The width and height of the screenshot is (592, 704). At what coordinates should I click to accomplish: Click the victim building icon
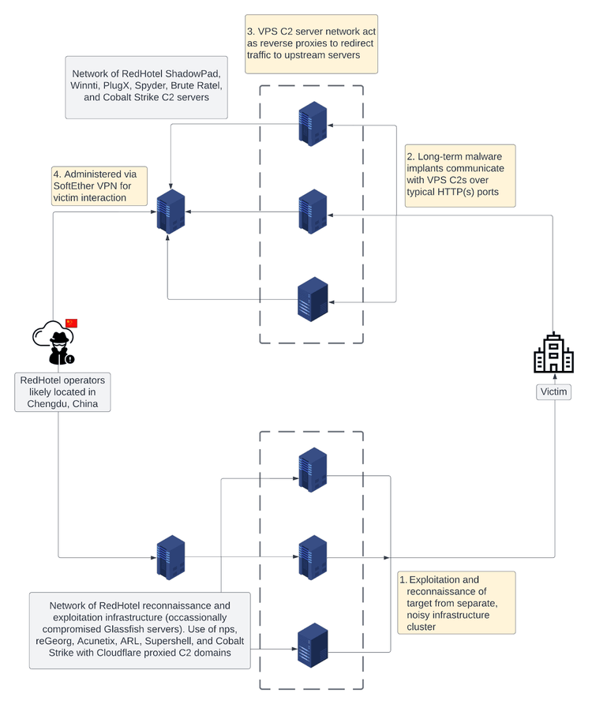[x=554, y=353]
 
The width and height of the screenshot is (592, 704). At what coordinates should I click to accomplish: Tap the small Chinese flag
[x=72, y=323]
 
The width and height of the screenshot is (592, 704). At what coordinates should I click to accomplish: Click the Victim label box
[x=553, y=391]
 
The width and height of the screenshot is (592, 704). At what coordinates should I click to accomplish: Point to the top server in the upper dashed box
[x=313, y=123]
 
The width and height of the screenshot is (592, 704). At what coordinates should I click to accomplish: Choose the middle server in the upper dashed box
[x=313, y=212]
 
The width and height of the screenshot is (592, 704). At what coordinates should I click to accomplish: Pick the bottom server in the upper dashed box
[x=313, y=300]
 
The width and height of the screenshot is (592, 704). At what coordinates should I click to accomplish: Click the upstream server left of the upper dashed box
[x=170, y=212]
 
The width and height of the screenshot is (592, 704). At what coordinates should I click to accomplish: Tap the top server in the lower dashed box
[x=313, y=470]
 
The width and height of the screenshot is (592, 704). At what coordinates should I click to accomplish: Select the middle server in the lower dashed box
[x=313, y=557]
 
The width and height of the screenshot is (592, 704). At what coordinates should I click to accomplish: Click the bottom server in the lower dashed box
[x=313, y=646]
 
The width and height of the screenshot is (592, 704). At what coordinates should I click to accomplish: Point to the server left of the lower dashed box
[x=170, y=557]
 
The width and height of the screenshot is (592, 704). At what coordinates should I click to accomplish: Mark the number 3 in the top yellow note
[x=250, y=31]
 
